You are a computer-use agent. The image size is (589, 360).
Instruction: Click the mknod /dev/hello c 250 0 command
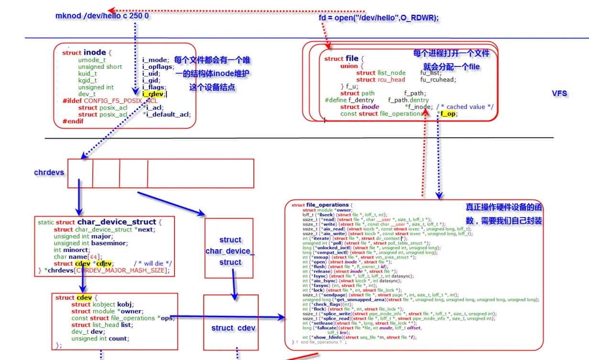(102, 16)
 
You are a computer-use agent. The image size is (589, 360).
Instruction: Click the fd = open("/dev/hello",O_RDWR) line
(379, 18)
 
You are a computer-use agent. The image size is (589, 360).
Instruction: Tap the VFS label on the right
(559, 94)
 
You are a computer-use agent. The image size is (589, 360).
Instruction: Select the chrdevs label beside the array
(49, 172)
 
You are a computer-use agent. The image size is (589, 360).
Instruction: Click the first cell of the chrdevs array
(80, 173)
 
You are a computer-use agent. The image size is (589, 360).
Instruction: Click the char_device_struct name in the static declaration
(117, 222)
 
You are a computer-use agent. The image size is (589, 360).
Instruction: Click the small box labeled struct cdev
(233, 328)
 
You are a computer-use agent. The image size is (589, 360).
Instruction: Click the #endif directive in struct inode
(73, 121)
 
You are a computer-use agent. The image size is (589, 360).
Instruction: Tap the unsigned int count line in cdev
(100, 338)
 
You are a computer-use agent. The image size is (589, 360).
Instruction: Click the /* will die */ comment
(153, 263)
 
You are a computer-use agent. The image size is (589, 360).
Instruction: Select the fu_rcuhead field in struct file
(438, 80)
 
